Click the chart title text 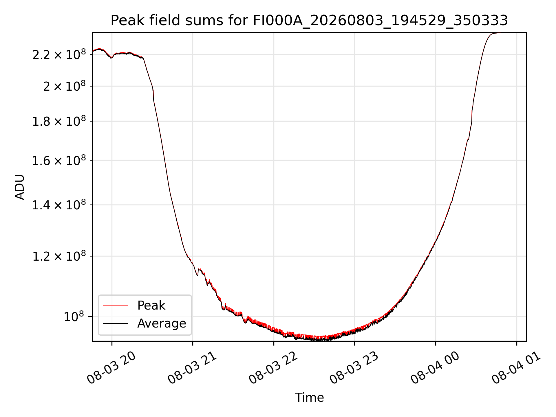coord(309,21)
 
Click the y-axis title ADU coord(20,187)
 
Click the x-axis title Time coord(309,398)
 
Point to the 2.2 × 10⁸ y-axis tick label coord(59,54)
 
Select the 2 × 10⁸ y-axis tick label coord(64,86)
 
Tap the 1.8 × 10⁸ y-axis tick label coord(59,121)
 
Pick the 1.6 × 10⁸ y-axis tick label coord(59,160)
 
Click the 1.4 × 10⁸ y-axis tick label coord(59,205)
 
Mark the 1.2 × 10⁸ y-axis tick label coord(59,256)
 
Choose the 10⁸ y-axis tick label coord(75,317)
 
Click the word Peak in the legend coord(151,306)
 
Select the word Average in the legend coord(162,323)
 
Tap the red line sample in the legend coord(115,305)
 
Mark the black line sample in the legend coord(115,323)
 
